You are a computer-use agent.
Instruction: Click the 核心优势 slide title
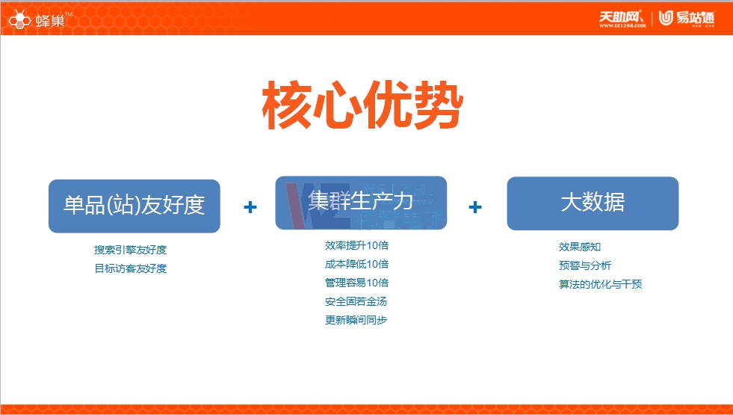362,107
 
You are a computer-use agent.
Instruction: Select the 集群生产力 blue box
361,203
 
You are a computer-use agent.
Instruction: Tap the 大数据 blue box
593,203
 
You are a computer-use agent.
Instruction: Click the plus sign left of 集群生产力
250,207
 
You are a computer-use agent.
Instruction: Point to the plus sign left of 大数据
474,207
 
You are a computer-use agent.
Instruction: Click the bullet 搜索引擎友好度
130,250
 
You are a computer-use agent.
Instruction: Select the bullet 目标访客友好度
130,268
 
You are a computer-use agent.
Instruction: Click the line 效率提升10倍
356,245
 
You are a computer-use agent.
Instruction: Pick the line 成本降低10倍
356,264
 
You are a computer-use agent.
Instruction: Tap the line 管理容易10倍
356,283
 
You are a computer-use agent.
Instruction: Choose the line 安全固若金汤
356,301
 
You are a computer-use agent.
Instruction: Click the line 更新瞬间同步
356,320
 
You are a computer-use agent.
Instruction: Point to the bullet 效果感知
580,247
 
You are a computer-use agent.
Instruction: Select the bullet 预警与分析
585,265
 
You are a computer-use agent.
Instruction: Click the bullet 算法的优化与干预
601,284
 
